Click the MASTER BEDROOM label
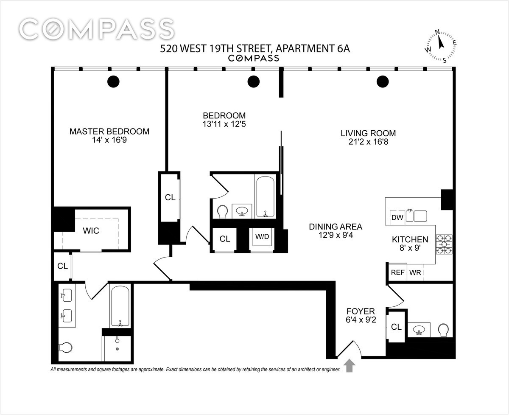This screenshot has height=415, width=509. click(x=109, y=131)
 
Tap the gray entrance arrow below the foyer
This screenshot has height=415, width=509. click(x=350, y=365)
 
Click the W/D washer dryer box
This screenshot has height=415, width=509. click(x=262, y=237)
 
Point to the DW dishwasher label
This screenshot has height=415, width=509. click(x=397, y=218)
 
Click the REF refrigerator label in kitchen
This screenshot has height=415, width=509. click(x=397, y=272)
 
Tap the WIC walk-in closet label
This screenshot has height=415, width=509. click(x=91, y=230)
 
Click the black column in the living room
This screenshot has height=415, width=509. click(x=383, y=81)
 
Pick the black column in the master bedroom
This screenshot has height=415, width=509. click(x=113, y=81)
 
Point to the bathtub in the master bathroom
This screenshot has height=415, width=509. click(x=121, y=306)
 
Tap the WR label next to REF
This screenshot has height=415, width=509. click(x=415, y=272)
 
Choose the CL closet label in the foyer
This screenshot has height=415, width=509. click(x=396, y=327)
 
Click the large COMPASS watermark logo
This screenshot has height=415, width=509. click(x=97, y=30)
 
